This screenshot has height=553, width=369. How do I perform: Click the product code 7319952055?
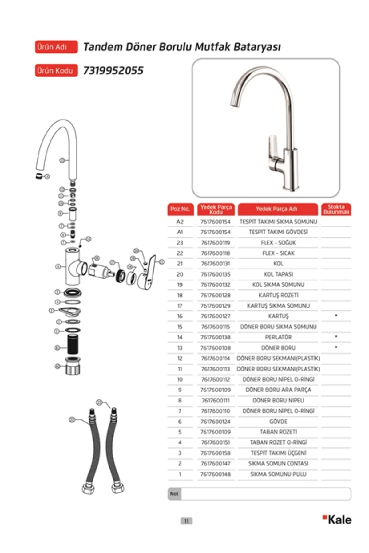point(113,70)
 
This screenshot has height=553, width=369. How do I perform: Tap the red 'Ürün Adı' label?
point(56,47)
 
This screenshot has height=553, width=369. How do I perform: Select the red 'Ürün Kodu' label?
point(56,70)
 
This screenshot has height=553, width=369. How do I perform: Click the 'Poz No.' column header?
point(181,209)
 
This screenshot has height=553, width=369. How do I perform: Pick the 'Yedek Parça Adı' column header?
point(278,209)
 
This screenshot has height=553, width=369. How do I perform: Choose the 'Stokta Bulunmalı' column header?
point(336,209)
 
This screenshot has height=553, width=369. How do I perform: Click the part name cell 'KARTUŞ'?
point(278,316)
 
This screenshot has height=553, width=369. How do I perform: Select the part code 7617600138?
point(216,337)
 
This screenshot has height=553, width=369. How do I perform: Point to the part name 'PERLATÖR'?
point(278,337)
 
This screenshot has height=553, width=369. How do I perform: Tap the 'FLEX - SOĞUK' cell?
point(278,243)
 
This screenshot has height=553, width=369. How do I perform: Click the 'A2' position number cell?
point(180,222)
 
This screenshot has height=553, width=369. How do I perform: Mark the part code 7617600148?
point(216,474)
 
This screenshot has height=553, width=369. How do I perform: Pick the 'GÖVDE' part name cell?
point(278,422)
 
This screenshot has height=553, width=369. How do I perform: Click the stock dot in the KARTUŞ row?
point(336,316)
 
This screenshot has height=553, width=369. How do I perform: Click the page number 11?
point(186,521)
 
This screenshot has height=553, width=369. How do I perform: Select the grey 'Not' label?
point(174,494)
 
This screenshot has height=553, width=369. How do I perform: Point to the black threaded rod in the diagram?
point(73,344)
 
